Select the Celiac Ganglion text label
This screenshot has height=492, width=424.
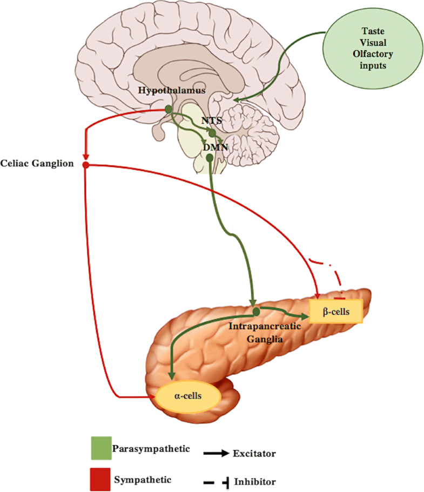37,164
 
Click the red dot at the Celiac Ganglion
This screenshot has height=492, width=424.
85,164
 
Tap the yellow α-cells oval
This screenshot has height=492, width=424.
188,396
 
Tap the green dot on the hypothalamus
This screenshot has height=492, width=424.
169,109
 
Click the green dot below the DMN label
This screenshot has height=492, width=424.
210,158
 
